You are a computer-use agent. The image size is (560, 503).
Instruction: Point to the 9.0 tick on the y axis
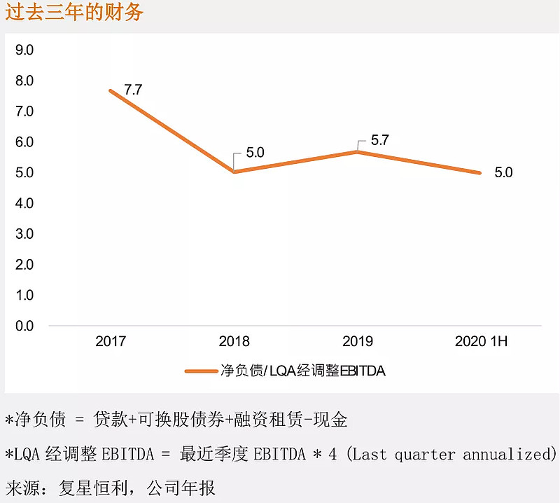24,50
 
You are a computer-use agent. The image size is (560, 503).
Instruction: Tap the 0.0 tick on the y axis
24,326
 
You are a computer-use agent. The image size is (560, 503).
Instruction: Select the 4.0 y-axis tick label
24,203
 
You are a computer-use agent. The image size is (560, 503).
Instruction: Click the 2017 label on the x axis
111,342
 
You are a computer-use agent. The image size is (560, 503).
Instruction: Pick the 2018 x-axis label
234,342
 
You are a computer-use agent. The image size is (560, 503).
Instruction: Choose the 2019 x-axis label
357,342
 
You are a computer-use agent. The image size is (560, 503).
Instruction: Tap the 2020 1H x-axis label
480,342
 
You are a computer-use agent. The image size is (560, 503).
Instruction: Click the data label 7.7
133,90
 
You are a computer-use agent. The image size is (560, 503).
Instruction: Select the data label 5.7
379,140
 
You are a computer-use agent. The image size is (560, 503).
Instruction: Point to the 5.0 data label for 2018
255,152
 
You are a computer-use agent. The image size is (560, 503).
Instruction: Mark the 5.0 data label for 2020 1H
503,172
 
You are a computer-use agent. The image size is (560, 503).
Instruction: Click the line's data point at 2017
111,90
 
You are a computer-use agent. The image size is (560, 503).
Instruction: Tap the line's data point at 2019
357,151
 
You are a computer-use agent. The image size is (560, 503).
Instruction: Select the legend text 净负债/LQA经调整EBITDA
302,371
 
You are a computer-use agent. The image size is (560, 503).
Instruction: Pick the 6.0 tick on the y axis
24,142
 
